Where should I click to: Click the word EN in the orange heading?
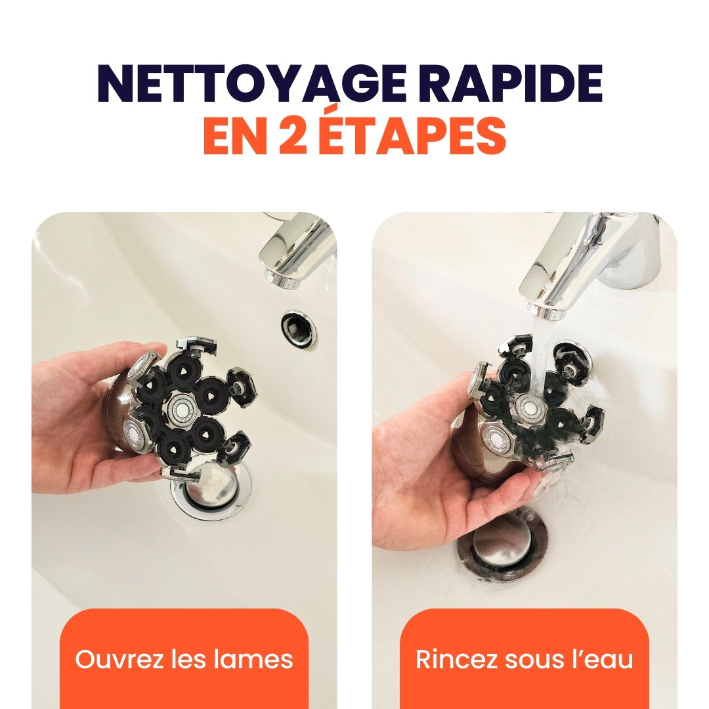[x=234, y=136]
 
